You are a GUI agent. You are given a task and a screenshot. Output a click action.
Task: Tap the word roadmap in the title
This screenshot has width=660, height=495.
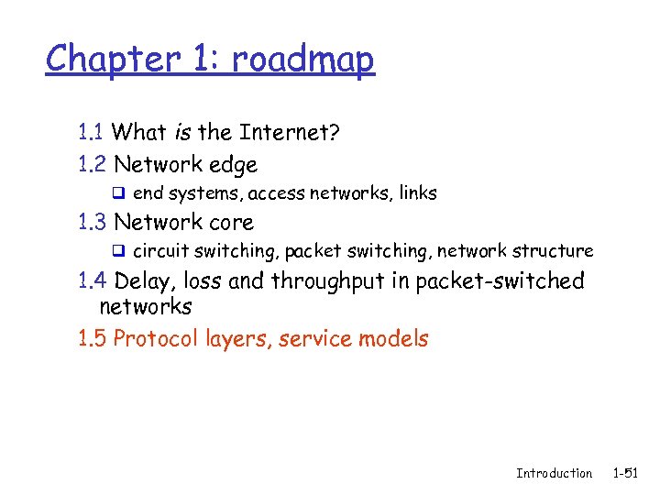pyautogui.click(x=302, y=60)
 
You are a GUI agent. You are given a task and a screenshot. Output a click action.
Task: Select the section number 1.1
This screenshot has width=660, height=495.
pyautogui.click(x=92, y=133)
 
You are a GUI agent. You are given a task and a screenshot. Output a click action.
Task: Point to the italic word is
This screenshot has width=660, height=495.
pyautogui.click(x=181, y=133)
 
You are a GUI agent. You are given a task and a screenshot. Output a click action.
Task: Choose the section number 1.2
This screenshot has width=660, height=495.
pyautogui.click(x=93, y=165)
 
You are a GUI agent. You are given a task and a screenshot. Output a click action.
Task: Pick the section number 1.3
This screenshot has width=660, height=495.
pyautogui.click(x=93, y=222)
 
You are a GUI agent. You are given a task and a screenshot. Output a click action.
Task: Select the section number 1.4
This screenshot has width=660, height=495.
pyautogui.click(x=93, y=280)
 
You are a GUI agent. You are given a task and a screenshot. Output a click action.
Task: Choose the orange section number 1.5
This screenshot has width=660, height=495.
pyautogui.click(x=93, y=339)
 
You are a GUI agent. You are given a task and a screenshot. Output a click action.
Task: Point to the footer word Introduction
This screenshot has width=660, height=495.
pyautogui.click(x=554, y=473)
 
